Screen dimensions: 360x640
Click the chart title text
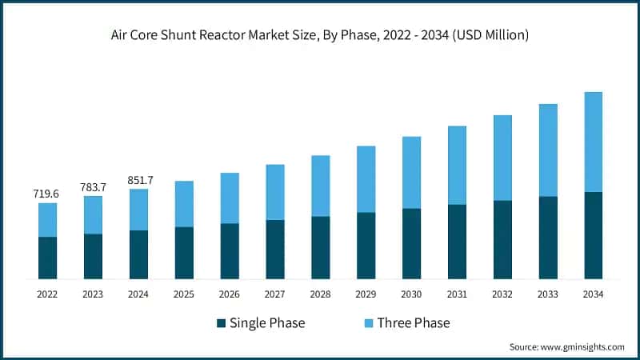320,35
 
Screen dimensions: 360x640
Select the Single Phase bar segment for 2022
47,258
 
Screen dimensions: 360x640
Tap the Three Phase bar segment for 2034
593,142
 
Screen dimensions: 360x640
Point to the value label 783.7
93,186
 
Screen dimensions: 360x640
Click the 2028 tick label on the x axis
320,294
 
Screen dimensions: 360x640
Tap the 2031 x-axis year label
457,294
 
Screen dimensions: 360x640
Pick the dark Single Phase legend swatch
221,324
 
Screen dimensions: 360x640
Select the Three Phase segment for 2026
230,198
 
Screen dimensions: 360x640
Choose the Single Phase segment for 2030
411,243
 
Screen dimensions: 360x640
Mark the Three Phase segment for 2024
138,210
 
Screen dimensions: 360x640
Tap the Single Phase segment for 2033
547,238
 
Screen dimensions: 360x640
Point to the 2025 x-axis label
184,294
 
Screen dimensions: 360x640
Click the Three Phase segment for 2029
366,179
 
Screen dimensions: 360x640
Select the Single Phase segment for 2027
274,249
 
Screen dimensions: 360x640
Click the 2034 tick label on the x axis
593,294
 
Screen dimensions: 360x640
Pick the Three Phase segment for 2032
502,158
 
